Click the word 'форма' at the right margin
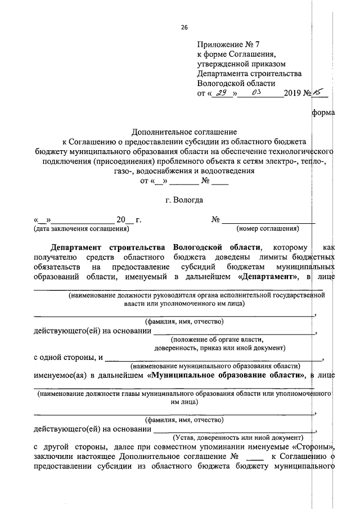click(322, 115)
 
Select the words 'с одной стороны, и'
click(68, 357)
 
